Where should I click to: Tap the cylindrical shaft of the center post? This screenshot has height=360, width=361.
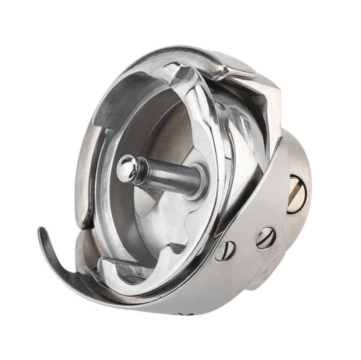click(170, 175)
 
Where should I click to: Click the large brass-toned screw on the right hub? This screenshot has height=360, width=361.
click(296, 194)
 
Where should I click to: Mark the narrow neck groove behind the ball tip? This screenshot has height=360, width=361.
click(140, 170)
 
